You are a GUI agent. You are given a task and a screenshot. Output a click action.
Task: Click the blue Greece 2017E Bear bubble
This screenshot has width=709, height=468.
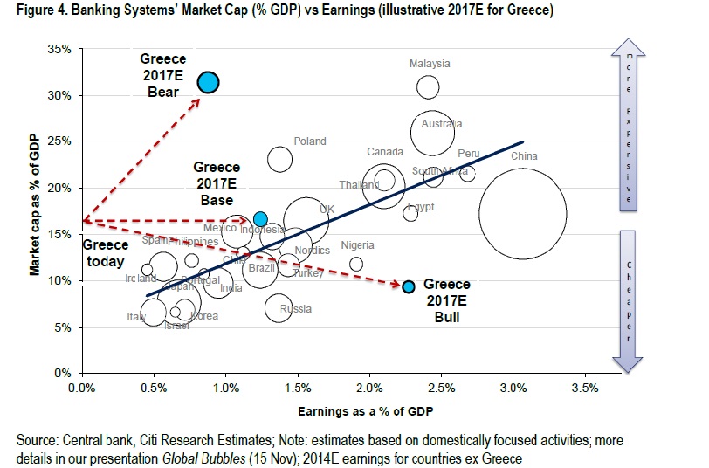click(208, 83)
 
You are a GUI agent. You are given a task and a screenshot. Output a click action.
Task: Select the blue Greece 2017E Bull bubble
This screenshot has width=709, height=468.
click(408, 286)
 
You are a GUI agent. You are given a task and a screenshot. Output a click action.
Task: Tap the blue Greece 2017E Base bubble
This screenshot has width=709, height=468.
click(260, 219)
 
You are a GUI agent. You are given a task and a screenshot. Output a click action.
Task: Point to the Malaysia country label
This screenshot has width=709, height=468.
click(430, 64)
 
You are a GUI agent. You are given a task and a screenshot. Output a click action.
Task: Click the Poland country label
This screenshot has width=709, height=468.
click(310, 141)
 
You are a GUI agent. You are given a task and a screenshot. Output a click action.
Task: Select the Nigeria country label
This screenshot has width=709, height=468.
click(357, 245)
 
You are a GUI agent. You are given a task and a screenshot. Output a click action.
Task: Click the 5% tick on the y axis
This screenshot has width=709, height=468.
click(63, 327)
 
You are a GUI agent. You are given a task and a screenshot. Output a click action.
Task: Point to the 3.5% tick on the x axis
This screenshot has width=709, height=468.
click(584, 388)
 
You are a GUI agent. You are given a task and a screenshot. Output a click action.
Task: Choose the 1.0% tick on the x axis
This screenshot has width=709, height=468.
click(225, 388)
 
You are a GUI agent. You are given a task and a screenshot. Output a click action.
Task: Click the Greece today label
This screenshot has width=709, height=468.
click(105, 253)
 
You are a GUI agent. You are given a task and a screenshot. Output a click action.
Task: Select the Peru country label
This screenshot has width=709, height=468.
click(469, 154)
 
